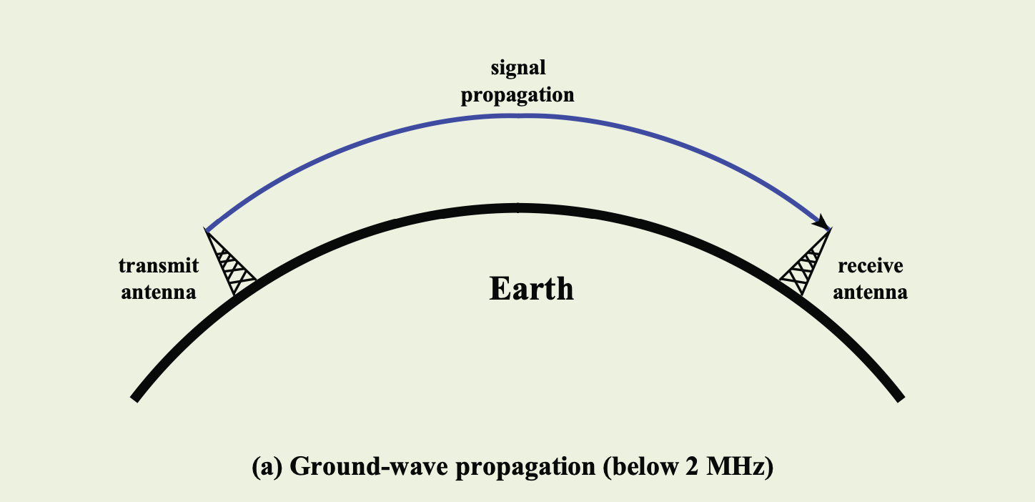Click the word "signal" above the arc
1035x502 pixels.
pos(518,68)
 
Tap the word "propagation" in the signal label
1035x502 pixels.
pos(517,95)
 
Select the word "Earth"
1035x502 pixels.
pos(531,288)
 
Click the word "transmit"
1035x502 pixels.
pos(159,265)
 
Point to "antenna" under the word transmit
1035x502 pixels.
pos(159,292)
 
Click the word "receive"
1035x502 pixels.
pos(871,266)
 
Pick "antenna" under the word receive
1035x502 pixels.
pos(871,292)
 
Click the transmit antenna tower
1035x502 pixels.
pos(229,262)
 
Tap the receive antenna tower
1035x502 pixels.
pos(806,262)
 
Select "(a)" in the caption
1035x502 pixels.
pos(267,466)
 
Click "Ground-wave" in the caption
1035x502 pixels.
pos(369,466)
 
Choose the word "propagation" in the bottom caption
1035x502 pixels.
pos(525,467)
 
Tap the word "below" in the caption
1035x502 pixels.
pos(640,466)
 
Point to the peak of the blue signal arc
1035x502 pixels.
pos(518,116)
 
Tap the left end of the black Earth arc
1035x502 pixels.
pos(134,398)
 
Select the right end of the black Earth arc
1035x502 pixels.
pos(901,398)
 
